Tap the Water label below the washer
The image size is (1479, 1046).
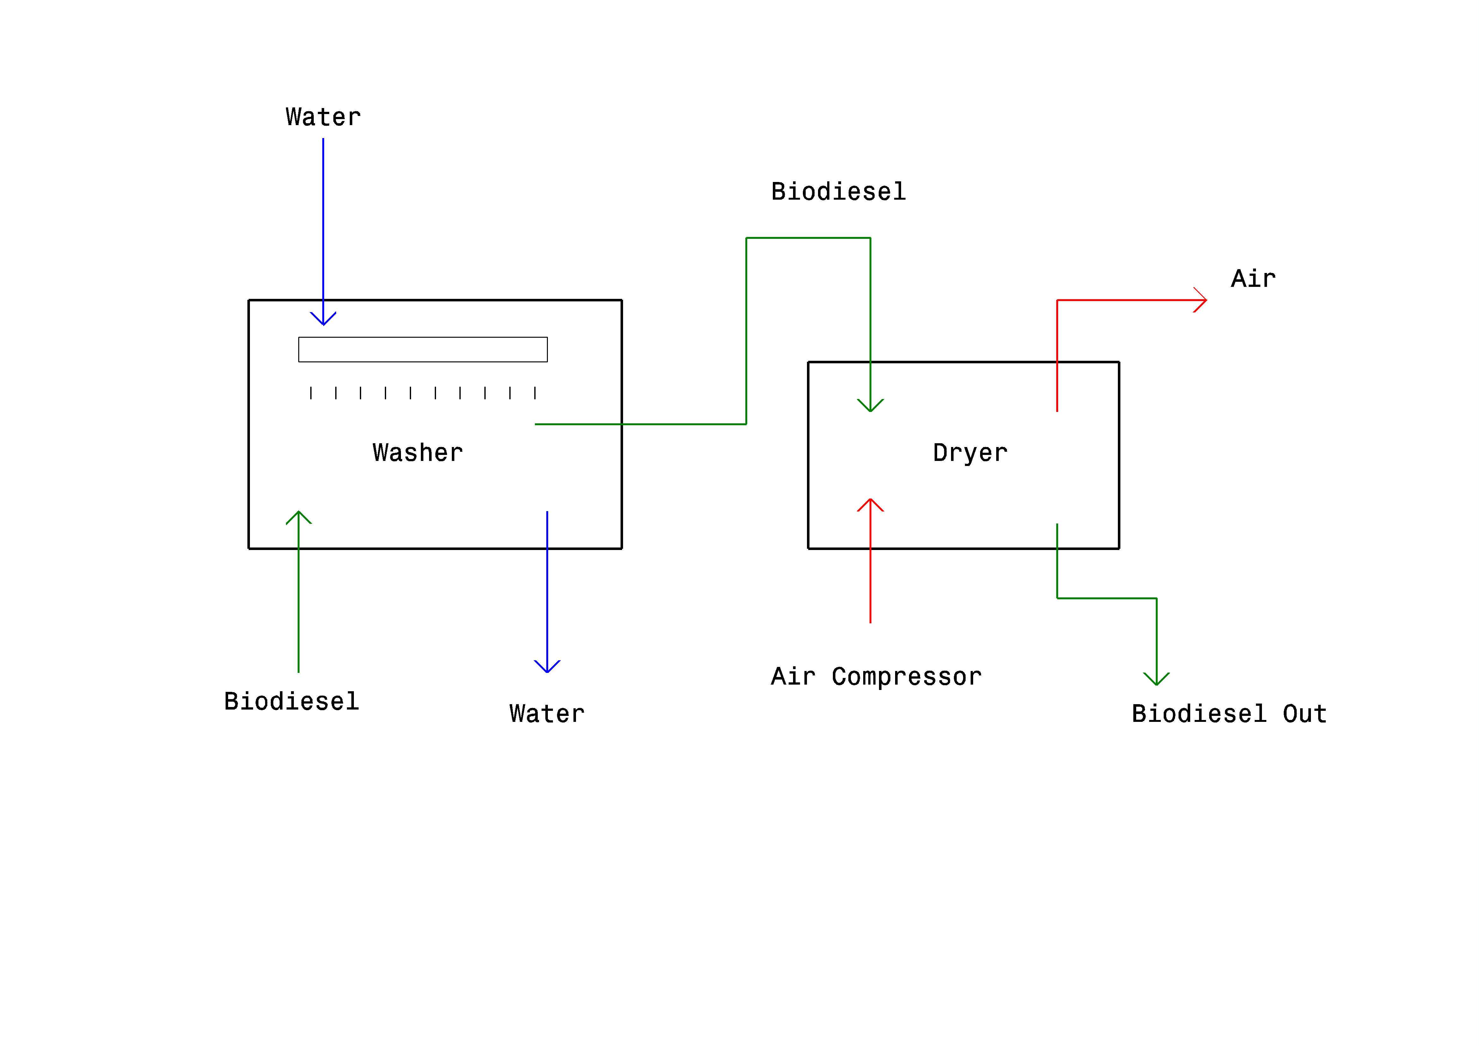click(x=547, y=714)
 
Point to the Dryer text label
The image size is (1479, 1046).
click(x=970, y=453)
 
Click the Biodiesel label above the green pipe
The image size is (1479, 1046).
click(x=839, y=191)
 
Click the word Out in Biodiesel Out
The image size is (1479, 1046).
click(x=1305, y=714)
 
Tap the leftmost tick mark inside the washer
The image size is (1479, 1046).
click(x=311, y=393)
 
